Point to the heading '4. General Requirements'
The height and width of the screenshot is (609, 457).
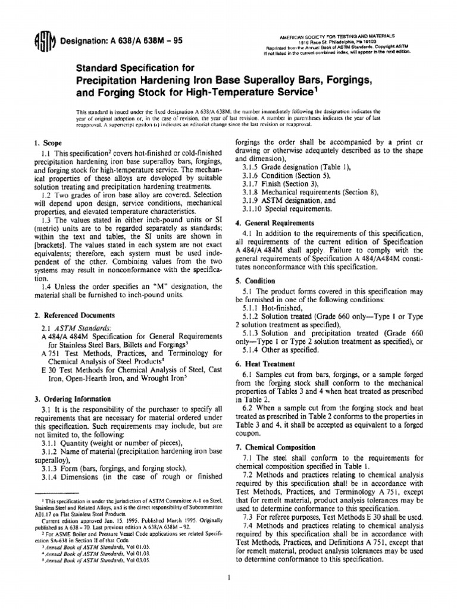pos(279,222)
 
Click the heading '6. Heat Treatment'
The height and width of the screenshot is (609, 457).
pos(265,363)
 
